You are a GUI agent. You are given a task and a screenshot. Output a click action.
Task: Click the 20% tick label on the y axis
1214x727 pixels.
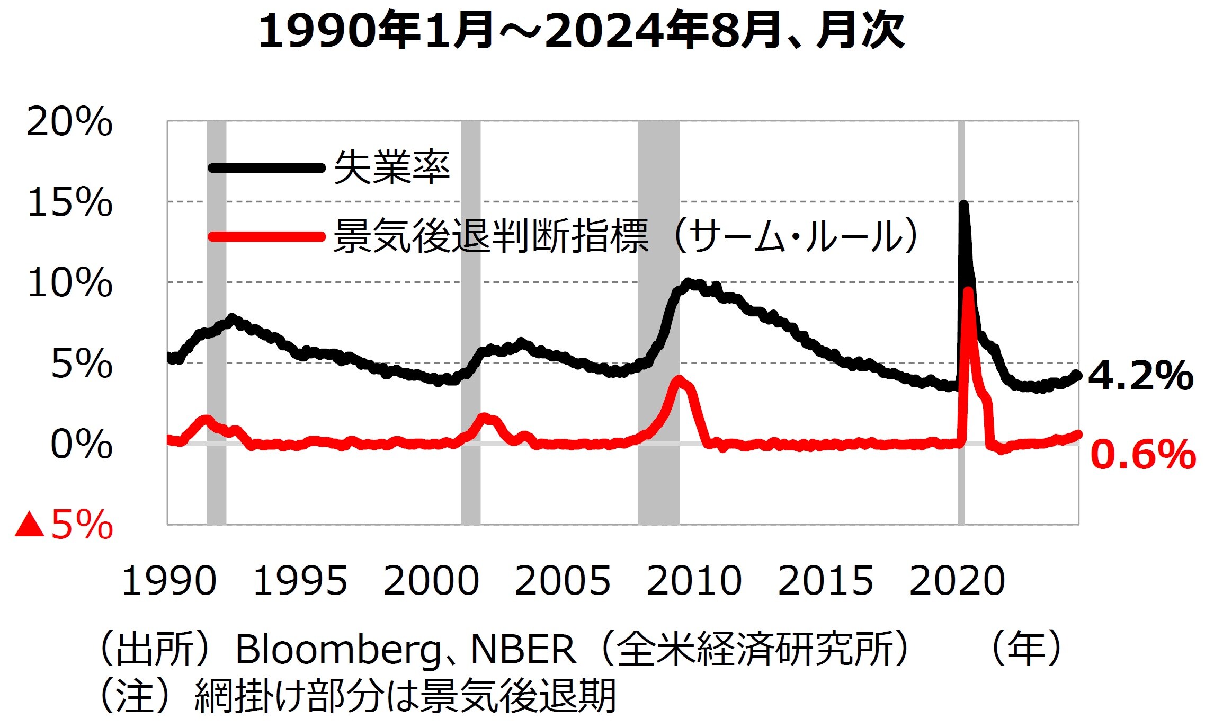(69, 122)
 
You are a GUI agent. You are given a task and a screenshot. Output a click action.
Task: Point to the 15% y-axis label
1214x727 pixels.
(69, 202)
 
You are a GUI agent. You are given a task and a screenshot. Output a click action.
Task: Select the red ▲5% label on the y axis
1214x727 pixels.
(64, 525)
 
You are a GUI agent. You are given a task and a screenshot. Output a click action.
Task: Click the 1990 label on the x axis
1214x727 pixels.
(169, 581)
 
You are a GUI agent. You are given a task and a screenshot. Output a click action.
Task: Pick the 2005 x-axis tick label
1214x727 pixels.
(562, 581)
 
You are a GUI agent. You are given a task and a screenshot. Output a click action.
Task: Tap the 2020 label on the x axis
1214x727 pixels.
(957, 581)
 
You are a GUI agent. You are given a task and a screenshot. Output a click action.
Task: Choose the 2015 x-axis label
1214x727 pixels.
(825, 581)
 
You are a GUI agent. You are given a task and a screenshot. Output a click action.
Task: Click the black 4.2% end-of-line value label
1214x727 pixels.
(1140, 376)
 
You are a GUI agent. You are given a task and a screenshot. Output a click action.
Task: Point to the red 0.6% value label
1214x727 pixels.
(1143, 455)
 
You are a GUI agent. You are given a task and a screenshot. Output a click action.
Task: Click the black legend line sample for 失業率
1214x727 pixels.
(266, 168)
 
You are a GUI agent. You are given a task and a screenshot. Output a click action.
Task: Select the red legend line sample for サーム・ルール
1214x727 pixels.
(266, 236)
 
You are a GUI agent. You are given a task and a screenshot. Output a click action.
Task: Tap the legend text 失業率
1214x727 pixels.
(392, 168)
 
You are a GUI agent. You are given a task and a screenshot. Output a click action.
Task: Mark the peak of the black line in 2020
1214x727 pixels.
(963, 205)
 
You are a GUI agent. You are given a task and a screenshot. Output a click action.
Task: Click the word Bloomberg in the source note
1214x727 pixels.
(337, 650)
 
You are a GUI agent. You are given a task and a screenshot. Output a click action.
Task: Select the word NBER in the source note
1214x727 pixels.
(523, 650)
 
